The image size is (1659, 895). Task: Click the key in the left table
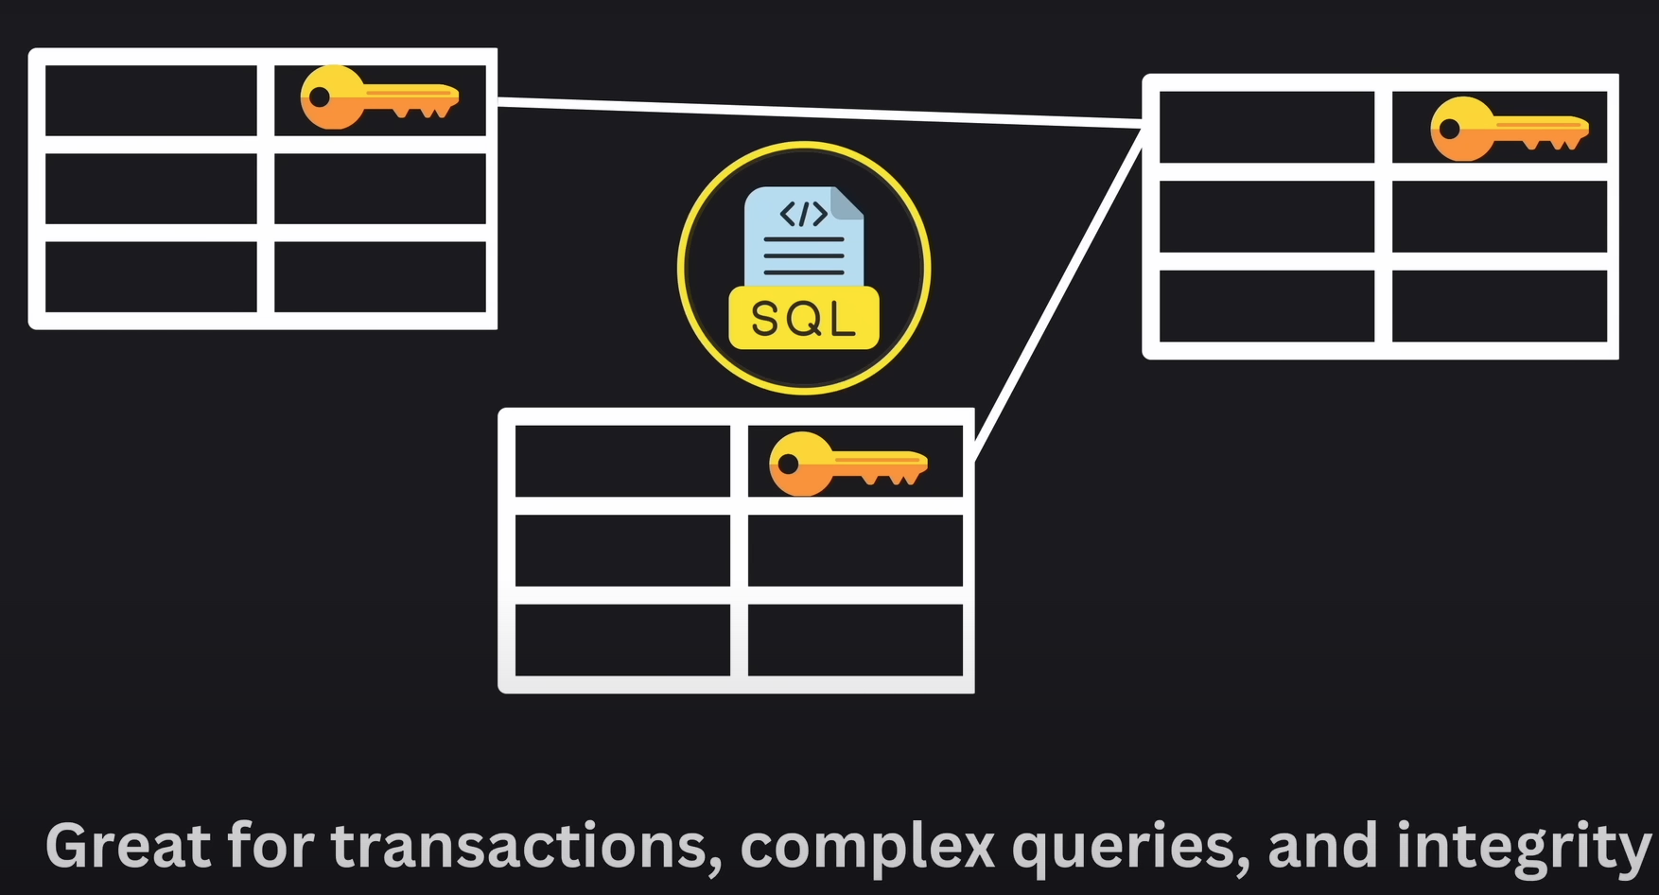point(377,97)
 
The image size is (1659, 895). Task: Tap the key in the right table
point(1508,129)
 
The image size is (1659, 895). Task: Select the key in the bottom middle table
point(847,465)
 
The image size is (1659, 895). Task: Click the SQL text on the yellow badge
point(804,319)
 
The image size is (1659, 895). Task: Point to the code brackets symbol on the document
point(803,215)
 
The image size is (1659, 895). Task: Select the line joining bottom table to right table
point(1058,294)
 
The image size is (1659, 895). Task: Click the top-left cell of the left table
point(151,100)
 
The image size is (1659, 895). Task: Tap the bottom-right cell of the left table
point(380,276)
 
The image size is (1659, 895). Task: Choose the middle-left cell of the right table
point(1266,216)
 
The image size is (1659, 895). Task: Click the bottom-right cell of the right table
point(1499,306)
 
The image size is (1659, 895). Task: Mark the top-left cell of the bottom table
point(622,461)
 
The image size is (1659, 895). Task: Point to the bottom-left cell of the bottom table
point(622,640)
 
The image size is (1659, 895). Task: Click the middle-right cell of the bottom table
point(855,550)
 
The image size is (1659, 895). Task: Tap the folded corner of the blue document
point(847,202)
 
